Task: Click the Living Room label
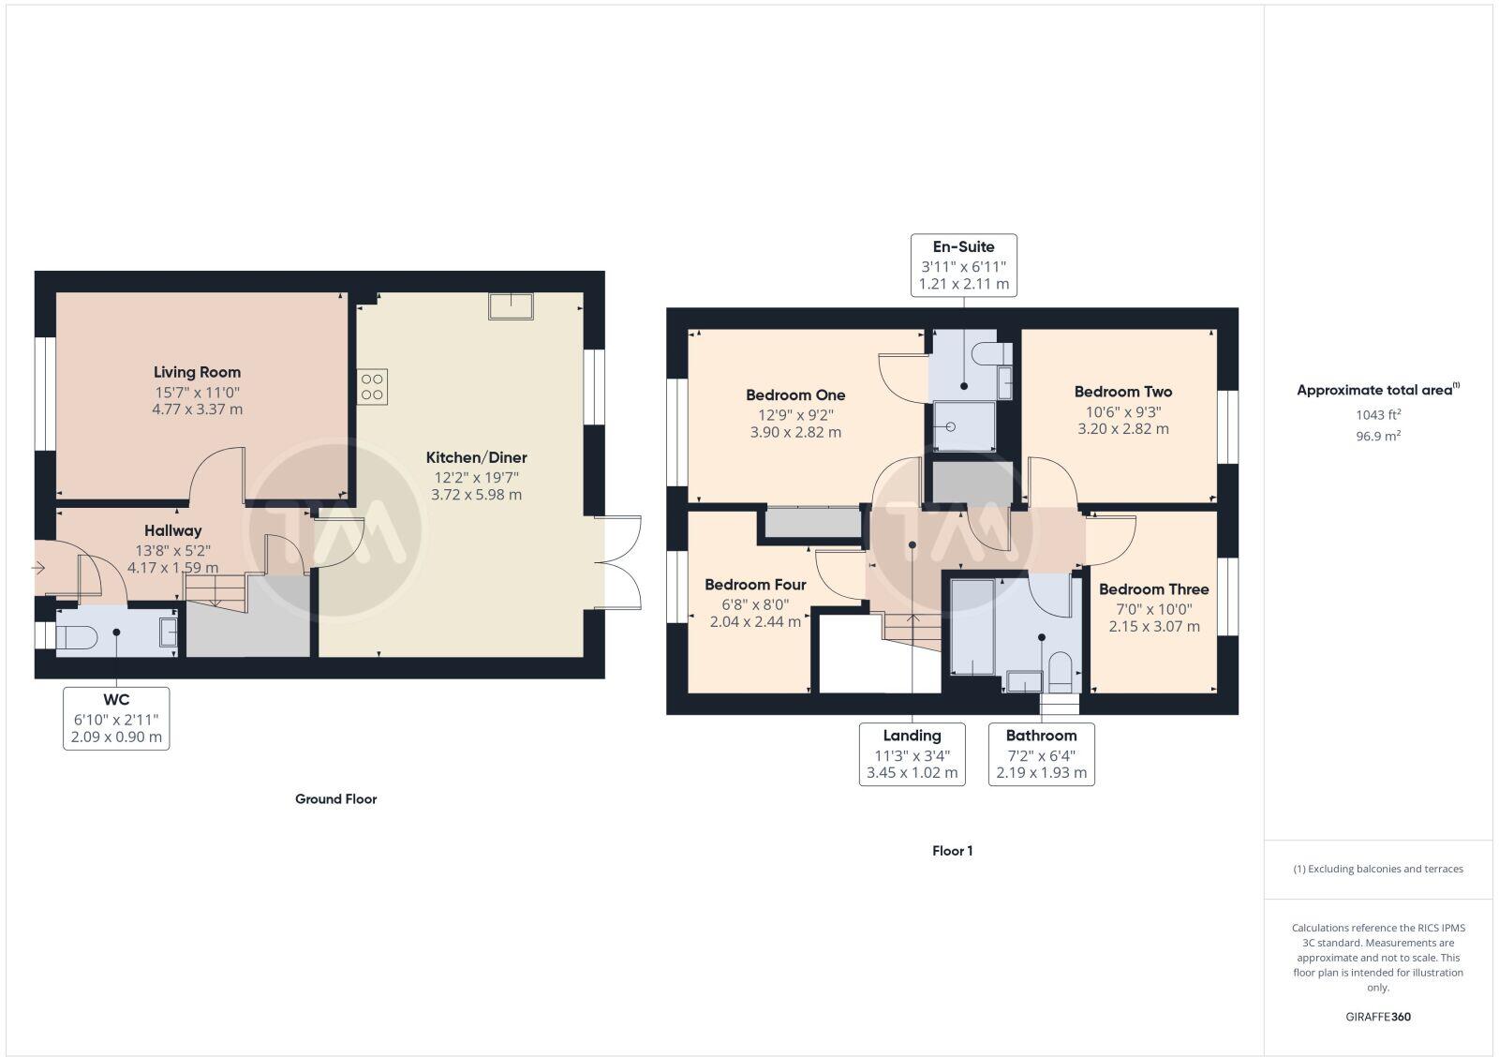[x=197, y=372]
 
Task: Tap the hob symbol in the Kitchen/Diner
[x=372, y=387]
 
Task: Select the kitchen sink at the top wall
[x=511, y=306]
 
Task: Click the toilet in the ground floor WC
[x=76, y=637]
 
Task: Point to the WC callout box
[x=116, y=718]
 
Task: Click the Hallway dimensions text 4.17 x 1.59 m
[x=172, y=567]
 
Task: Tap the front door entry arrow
[x=38, y=567]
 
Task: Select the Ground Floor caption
[x=335, y=799]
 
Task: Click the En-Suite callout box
[x=964, y=265]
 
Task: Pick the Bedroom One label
[x=795, y=395]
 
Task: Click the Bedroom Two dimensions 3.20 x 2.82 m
[x=1122, y=428]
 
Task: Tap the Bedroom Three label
[x=1153, y=589]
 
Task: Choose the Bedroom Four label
[x=755, y=585]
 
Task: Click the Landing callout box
[x=912, y=754]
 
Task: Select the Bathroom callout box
[x=1041, y=754]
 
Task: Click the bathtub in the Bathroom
[x=972, y=627]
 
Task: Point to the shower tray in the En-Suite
[x=964, y=426]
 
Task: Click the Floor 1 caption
[x=952, y=851]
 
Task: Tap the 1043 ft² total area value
[x=1375, y=414]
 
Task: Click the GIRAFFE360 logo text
[x=1377, y=1017]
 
